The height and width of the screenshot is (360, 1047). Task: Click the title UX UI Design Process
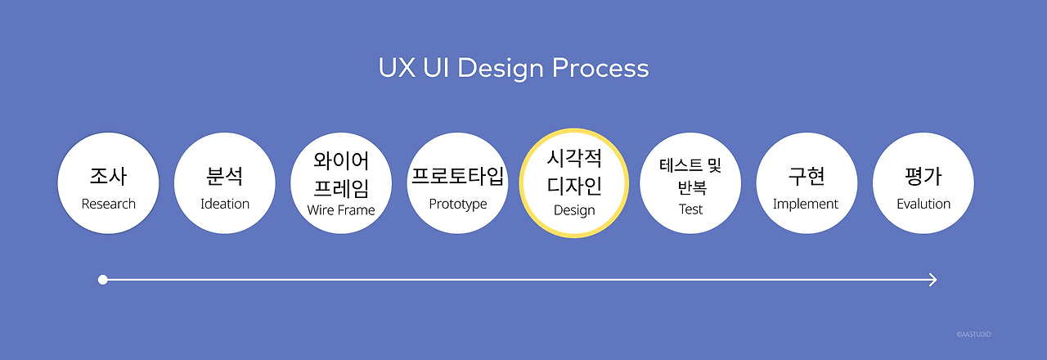tap(514, 68)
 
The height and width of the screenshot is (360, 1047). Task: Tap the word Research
tap(108, 204)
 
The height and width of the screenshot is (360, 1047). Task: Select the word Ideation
tap(225, 204)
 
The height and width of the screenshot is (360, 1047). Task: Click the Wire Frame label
tap(341, 210)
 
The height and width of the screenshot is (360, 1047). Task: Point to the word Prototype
tap(458, 204)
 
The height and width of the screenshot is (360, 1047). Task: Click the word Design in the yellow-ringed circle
tap(574, 210)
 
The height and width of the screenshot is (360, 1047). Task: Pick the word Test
tap(690, 209)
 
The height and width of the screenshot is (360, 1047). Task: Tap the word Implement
tap(806, 204)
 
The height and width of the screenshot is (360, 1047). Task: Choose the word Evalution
tap(923, 204)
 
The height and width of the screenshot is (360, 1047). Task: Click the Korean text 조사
tap(108, 176)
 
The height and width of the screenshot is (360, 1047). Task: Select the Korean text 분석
tap(225, 176)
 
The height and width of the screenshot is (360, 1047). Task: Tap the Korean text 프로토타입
tap(458, 176)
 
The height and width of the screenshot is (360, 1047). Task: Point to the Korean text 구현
tap(807, 176)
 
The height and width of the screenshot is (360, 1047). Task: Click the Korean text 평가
tap(923, 176)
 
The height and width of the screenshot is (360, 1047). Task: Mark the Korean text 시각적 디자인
tap(574, 173)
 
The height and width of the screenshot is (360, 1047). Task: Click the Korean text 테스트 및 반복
tap(690, 177)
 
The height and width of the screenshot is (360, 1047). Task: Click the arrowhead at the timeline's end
tap(932, 280)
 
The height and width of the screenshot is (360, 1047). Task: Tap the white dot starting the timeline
tap(103, 280)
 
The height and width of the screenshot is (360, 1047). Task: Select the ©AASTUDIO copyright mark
tap(973, 335)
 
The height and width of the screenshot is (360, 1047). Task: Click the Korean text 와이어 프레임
tap(341, 174)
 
